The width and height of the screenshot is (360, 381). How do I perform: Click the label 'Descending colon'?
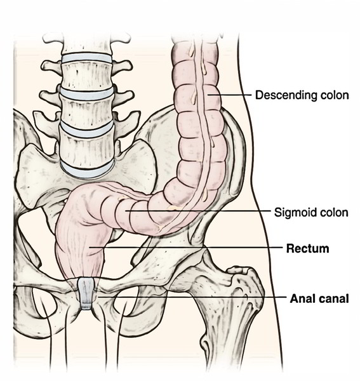(x=302, y=95)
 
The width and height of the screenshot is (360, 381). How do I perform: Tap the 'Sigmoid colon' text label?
(x=311, y=212)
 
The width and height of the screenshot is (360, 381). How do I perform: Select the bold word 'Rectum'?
(x=308, y=248)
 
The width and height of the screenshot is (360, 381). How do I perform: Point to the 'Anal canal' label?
(x=319, y=298)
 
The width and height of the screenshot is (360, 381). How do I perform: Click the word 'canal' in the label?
(x=334, y=298)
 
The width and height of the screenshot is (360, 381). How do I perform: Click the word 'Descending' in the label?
(x=286, y=95)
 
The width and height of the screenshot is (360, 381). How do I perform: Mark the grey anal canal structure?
(x=86, y=294)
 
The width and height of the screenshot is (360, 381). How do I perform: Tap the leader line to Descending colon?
(x=230, y=95)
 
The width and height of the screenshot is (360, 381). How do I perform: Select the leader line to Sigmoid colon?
(x=197, y=211)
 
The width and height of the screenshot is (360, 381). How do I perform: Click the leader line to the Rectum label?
(x=185, y=248)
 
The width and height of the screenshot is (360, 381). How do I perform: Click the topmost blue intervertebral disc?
(x=86, y=58)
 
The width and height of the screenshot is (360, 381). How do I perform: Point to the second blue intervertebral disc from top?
(x=87, y=94)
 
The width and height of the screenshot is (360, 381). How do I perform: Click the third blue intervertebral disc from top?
(x=86, y=128)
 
